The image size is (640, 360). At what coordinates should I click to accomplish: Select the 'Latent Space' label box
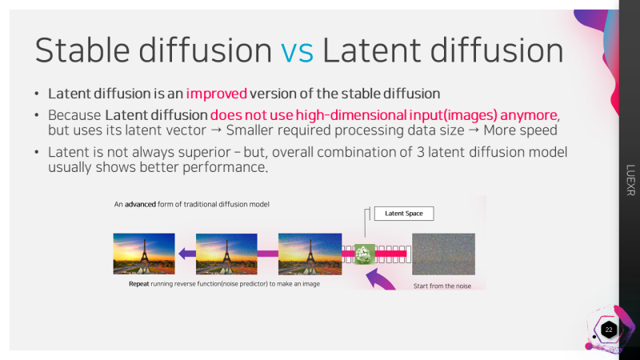(404, 214)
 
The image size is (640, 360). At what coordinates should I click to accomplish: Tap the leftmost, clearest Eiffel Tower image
(144, 254)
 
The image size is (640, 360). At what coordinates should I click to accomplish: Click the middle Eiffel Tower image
(226, 254)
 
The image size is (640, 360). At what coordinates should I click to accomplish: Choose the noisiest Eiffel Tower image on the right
(309, 254)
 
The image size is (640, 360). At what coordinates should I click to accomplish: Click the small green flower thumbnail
(366, 254)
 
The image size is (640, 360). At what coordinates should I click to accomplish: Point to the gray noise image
(443, 254)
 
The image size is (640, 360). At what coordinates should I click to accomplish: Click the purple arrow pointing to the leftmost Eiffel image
(186, 254)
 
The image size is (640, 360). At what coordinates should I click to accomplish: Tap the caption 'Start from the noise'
(442, 286)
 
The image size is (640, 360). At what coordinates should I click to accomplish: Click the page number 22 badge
(608, 330)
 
